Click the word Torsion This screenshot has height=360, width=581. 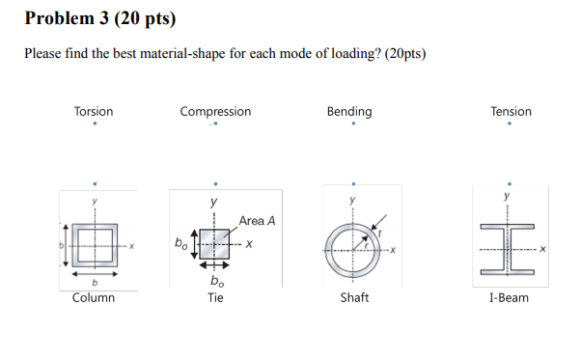94,112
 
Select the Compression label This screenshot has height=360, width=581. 215,112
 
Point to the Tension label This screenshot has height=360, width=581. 511,112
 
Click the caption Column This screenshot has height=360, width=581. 94,297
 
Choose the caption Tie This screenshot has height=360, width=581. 215,297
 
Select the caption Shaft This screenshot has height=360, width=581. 354,297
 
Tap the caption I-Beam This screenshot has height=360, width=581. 509,297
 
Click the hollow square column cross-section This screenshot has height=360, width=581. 94,248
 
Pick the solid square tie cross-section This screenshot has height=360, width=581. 214,244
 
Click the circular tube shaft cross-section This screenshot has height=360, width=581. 353,251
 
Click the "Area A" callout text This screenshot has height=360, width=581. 257,221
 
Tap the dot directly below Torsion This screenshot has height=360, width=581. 95,125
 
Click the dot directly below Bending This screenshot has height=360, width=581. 354,125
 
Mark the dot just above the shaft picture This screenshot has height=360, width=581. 354,181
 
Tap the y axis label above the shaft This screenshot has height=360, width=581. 353,201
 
